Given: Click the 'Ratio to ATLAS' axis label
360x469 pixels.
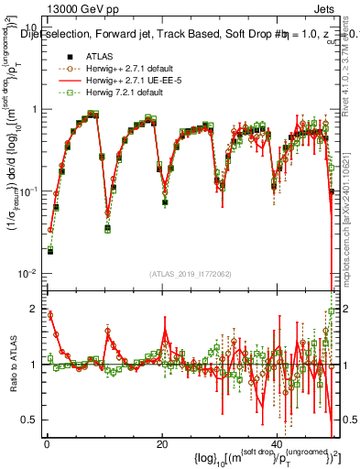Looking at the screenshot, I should tap(10, 364).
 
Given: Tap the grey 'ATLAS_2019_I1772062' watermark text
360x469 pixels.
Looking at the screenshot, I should tap(191, 274).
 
